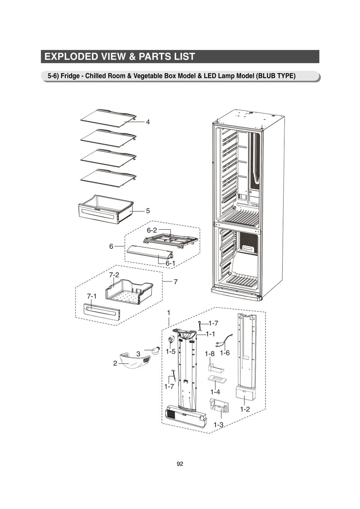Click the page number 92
click(x=180, y=464)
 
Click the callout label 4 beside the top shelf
click(x=148, y=122)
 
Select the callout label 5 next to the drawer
click(x=148, y=211)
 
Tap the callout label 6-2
click(x=152, y=230)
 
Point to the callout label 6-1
click(x=170, y=263)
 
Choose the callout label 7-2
click(x=114, y=275)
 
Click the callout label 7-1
click(x=91, y=296)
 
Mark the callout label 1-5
click(x=171, y=352)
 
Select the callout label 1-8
click(x=210, y=353)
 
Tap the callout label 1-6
click(x=225, y=353)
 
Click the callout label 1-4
click(x=215, y=392)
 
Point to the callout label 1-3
click(x=218, y=425)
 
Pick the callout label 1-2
click(x=245, y=409)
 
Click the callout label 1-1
click(x=210, y=334)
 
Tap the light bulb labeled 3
click(x=154, y=351)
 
